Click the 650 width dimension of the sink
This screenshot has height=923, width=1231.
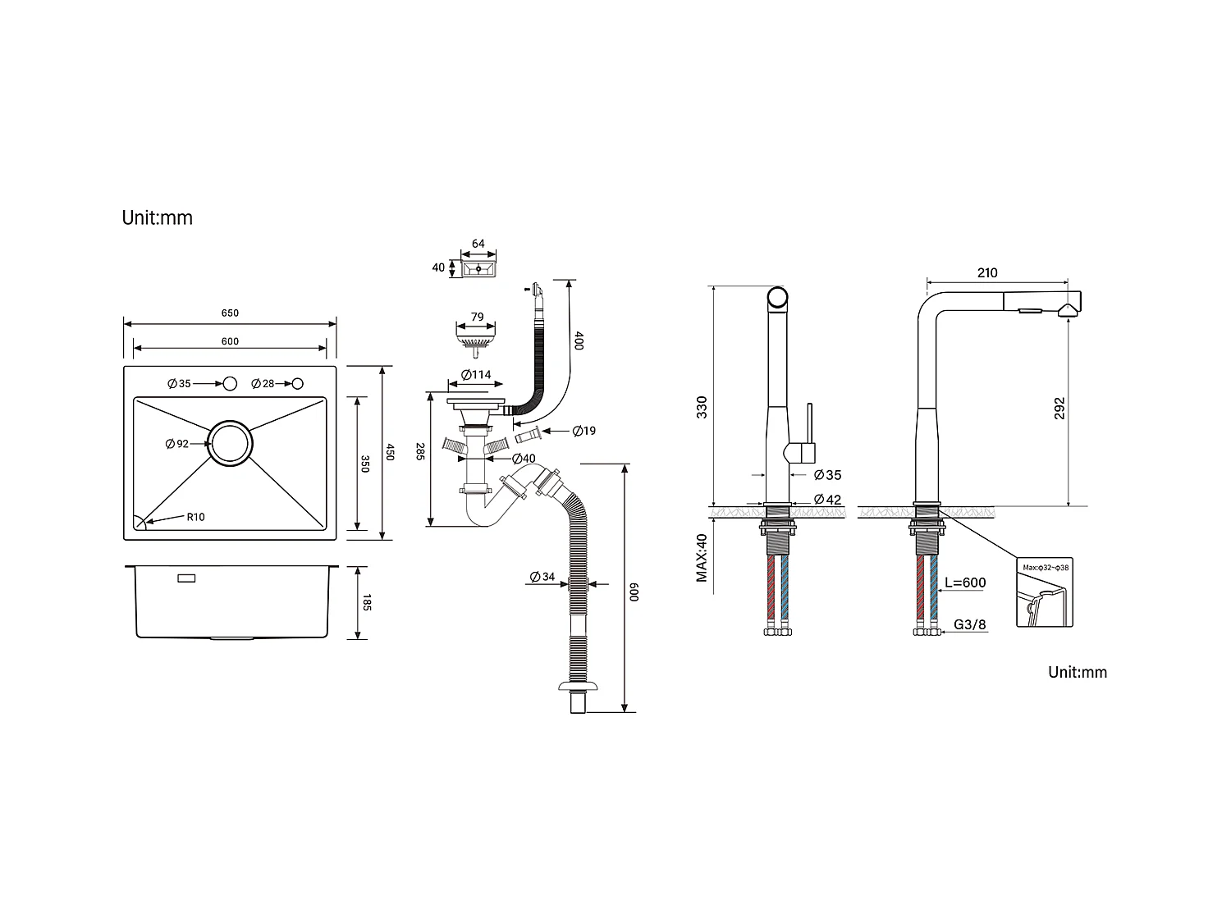230,313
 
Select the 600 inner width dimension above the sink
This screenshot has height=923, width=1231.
230,341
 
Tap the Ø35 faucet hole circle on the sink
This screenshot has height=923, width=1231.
230,383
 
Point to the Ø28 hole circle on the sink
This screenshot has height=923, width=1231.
298,383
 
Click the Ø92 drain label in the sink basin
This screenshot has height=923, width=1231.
177,444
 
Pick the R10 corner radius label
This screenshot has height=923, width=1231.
195,517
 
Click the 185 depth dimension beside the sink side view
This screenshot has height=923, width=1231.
366,602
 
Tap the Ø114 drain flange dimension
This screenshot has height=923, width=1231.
476,374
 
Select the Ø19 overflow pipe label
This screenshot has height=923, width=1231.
583,431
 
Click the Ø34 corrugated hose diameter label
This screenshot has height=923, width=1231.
542,577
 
